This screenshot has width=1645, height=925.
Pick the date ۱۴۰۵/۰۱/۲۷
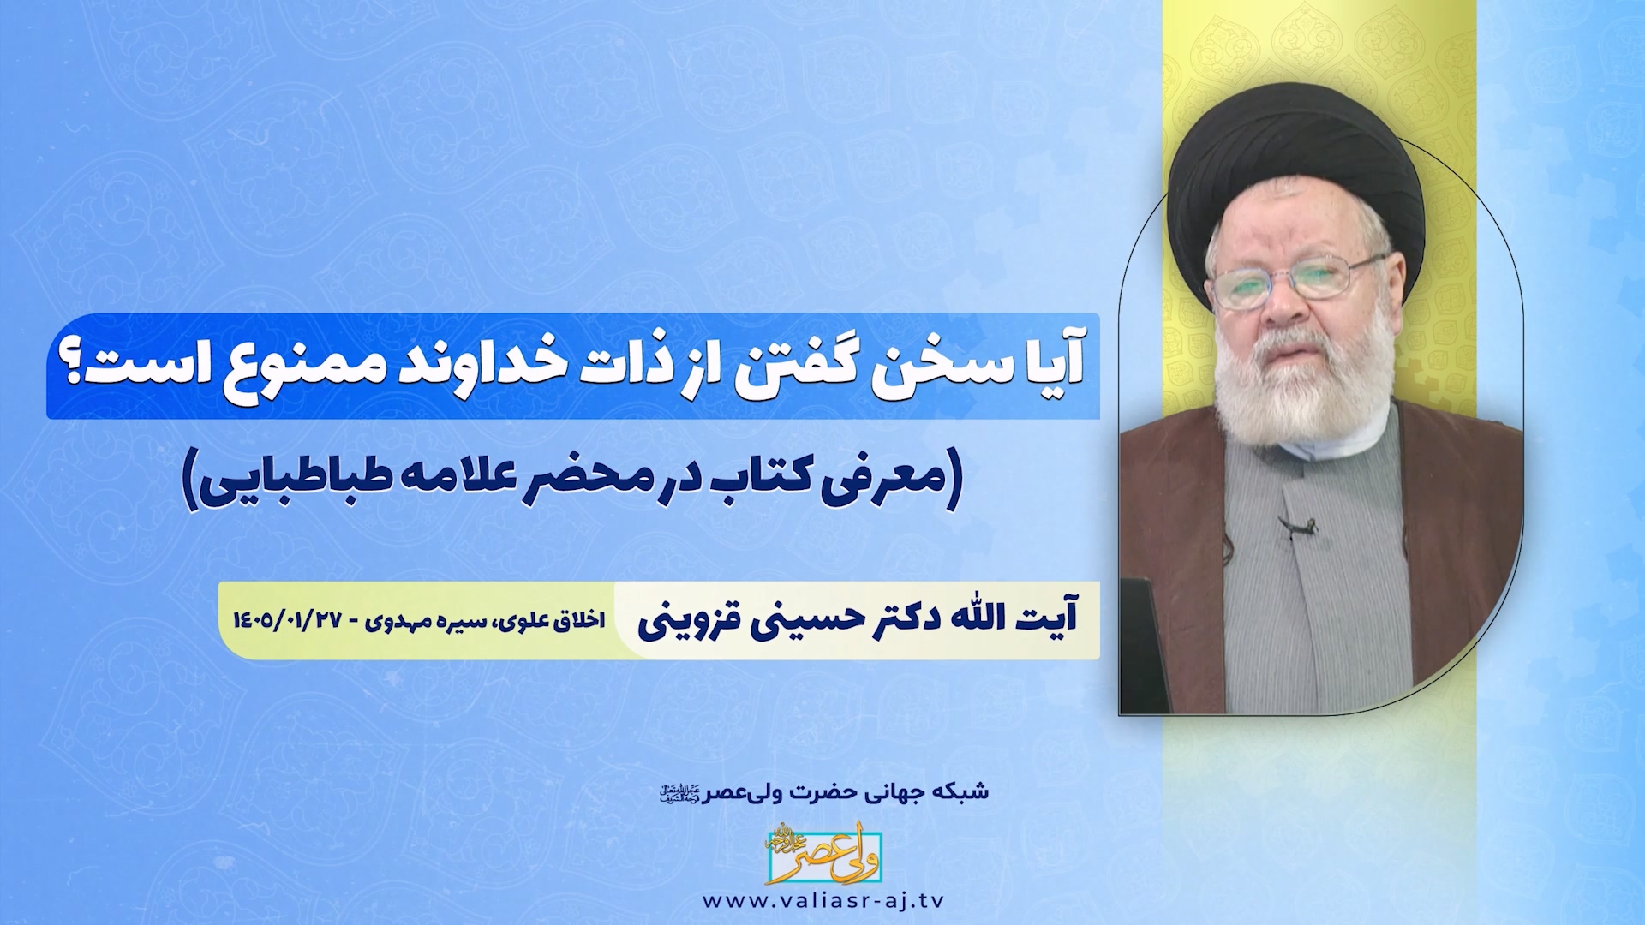[287, 621]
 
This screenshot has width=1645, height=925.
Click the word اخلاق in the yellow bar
[578, 621]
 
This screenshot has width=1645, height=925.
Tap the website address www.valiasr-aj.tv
[822, 901]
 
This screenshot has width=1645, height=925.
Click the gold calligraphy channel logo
[823, 854]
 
